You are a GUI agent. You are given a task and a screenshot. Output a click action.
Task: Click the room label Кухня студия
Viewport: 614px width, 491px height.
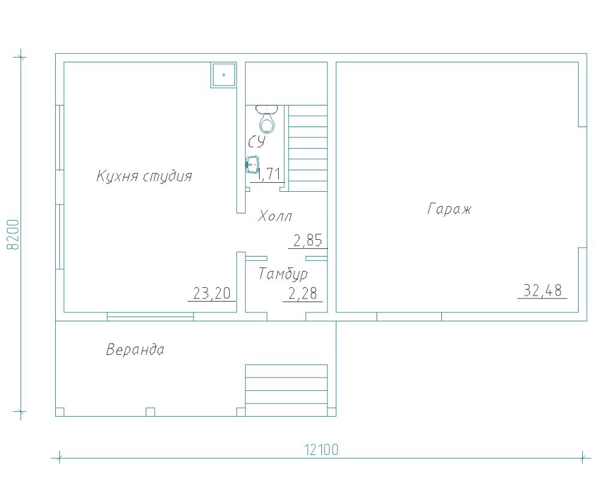point(144,176)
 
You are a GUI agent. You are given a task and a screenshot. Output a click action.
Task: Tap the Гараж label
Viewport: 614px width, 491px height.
point(449,209)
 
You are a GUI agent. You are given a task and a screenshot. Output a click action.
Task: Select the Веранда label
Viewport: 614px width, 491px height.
point(135,350)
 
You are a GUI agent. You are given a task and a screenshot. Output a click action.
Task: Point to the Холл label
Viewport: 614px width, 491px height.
point(275,216)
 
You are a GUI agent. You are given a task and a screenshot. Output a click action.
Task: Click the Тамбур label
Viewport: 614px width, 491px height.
point(283,274)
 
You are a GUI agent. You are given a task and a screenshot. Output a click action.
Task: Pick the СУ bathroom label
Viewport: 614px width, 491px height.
point(257,141)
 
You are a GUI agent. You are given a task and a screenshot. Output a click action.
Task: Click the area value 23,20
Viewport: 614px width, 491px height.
point(212,293)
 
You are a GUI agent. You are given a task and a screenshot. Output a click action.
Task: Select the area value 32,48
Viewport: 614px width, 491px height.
point(542,291)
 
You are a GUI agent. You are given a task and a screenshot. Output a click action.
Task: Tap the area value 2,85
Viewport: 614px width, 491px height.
point(308,240)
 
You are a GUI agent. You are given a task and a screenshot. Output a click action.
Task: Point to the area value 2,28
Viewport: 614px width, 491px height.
point(302,293)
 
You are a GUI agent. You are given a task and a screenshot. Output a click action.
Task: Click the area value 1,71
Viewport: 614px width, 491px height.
point(267,174)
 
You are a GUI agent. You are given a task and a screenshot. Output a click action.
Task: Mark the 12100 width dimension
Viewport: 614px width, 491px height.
point(321,450)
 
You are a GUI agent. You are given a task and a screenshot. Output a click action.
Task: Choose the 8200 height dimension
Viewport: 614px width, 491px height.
point(13,234)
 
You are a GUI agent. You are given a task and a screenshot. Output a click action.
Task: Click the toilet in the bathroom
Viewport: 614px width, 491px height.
point(267,119)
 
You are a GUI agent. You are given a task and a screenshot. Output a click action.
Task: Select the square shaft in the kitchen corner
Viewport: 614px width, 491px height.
point(224,74)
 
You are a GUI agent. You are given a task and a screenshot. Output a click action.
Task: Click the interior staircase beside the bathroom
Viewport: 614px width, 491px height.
point(308,148)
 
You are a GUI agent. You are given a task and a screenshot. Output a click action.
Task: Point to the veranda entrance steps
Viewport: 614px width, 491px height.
point(286,390)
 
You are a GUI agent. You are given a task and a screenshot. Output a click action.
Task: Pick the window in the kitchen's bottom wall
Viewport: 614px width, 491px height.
point(150,317)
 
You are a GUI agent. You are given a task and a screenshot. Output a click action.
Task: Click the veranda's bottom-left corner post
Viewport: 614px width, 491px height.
point(60,412)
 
